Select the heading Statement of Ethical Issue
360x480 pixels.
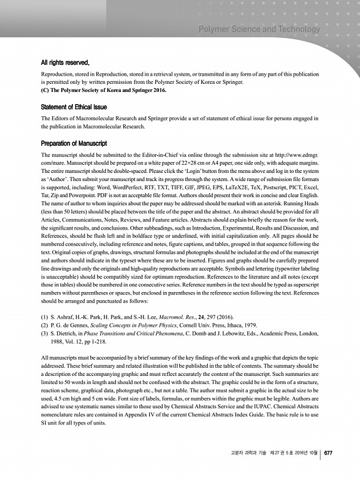coord(74,107)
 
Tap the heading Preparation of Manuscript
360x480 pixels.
coord(73,143)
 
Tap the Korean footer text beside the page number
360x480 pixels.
coord(273,453)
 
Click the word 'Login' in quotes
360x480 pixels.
coord(197,172)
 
